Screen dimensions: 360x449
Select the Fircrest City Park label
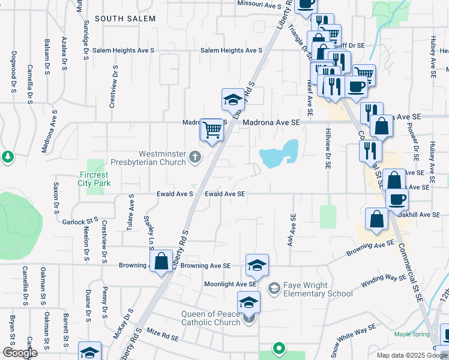95,180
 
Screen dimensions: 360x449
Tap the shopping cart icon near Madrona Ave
212,130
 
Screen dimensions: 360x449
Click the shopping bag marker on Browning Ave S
161,262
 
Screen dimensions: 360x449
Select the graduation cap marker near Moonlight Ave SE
257,265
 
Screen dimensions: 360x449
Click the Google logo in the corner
20,353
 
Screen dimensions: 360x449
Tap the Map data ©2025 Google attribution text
411,355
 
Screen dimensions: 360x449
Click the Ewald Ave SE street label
225,194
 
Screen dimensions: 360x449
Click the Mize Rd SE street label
163,338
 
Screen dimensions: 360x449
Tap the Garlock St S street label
80,221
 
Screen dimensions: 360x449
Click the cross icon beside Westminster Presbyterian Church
194,158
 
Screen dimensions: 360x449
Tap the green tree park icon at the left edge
7,157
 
